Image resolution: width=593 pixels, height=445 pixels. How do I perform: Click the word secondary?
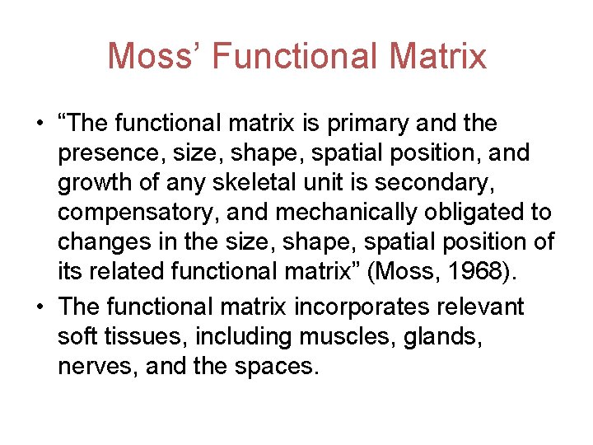426,184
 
